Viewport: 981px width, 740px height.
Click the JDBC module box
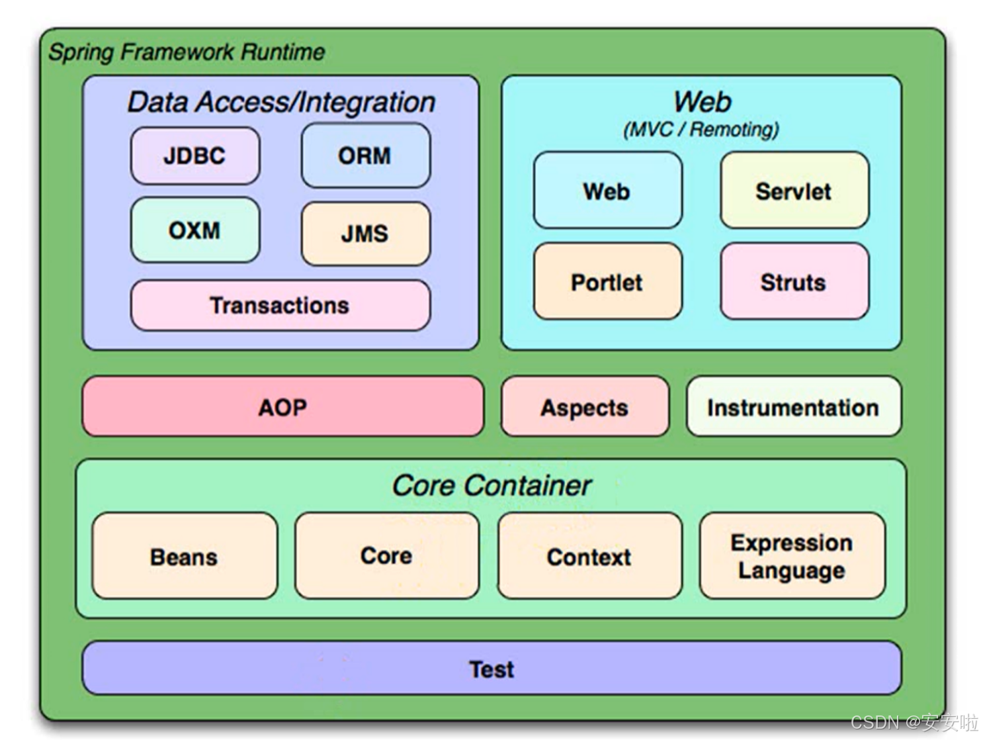pos(194,155)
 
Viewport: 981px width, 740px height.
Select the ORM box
pos(365,155)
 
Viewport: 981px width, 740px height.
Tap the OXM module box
pos(194,230)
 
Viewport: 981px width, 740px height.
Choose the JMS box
pos(365,233)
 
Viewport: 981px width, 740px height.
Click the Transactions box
pos(280,305)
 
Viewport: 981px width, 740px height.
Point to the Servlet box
pos(794,190)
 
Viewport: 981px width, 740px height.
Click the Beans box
pos(184,555)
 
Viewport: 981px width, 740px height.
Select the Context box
pos(589,555)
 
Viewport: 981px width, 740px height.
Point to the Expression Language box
pos(792,555)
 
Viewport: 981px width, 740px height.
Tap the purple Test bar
pos(491,668)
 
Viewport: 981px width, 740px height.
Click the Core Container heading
pos(491,485)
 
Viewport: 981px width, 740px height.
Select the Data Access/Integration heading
pos(282,103)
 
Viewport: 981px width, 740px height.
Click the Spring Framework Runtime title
pos(187,52)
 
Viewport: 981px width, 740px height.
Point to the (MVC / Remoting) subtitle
pos(701,130)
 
